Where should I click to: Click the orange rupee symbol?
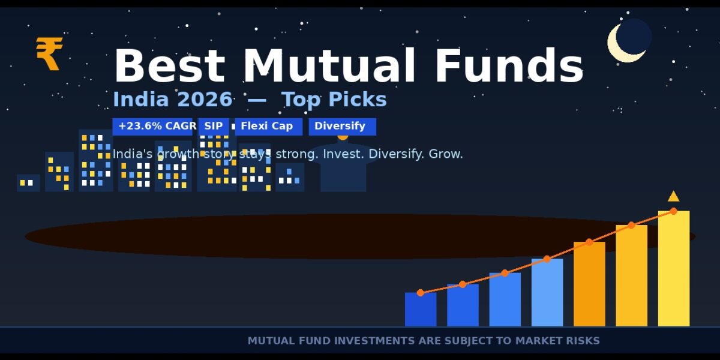(x=49, y=53)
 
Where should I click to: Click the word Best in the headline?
(x=169, y=66)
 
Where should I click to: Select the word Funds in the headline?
(x=509, y=66)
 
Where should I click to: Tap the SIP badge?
(x=214, y=127)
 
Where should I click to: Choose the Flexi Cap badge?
(x=268, y=127)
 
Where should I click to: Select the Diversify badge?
(x=343, y=127)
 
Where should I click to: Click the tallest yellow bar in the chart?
(x=674, y=269)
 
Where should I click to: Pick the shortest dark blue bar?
(x=421, y=310)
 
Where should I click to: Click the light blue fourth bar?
(x=547, y=293)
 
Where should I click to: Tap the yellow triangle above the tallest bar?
(x=673, y=196)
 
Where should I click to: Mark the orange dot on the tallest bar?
(x=674, y=211)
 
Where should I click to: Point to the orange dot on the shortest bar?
(x=421, y=293)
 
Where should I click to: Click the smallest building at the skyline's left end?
(x=28, y=183)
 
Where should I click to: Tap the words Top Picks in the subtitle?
(x=334, y=100)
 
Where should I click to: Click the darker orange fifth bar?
(x=589, y=284)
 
